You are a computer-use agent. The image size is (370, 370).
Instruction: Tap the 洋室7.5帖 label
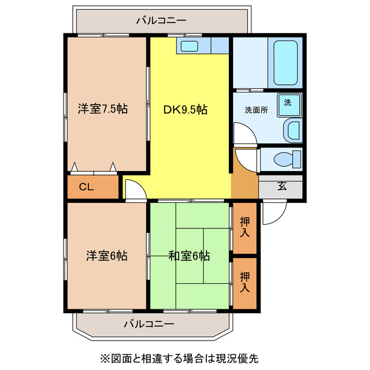tap(103, 108)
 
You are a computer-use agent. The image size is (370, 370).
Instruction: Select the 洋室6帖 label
tap(107, 255)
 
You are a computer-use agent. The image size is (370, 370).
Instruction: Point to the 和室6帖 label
tap(189, 255)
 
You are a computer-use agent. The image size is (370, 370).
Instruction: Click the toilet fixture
tap(287, 158)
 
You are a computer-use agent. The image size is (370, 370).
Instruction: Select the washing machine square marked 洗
tap(288, 103)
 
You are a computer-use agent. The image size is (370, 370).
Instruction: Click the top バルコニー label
tap(161, 21)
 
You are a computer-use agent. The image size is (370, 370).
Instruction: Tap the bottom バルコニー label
tap(148, 324)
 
